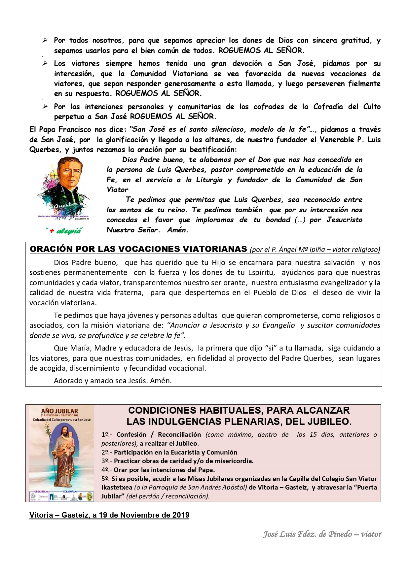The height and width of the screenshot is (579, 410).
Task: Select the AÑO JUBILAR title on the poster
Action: click(60, 411)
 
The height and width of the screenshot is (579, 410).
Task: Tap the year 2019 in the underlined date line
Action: click(180, 515)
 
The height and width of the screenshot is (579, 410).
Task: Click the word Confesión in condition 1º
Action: click(131, 434)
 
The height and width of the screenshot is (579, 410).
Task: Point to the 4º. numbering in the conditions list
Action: click(106, 470)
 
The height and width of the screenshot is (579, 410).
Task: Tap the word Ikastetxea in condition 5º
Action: click(117, 487)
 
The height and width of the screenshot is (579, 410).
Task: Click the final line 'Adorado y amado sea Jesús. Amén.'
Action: click(113, 381)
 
